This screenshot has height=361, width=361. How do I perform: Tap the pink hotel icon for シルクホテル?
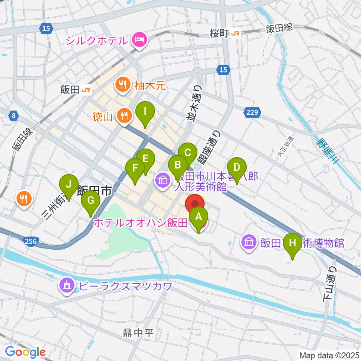tap(139, 39)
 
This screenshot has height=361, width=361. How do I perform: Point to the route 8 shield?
tap(14, 116)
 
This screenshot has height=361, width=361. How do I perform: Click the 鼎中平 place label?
tap(138, 333)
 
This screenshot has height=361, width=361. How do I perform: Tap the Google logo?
tap(26, 352)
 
